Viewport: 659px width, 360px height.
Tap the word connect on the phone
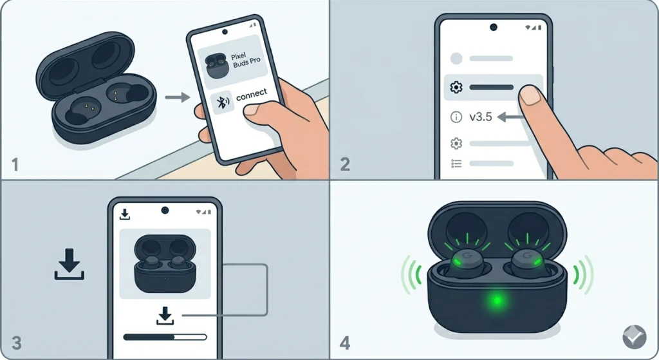coord(251,95)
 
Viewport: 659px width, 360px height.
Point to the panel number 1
coord(15,164)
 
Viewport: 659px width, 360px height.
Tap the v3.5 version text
coord(480,117)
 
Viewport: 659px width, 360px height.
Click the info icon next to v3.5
coord(457,117)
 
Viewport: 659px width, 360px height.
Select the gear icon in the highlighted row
coord(457,88)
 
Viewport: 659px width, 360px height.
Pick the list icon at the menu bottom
coord(457,164)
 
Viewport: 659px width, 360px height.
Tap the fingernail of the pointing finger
coord(530,95)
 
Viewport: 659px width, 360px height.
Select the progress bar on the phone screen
coord(165,336)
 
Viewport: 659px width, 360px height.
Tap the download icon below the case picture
coord(165,315)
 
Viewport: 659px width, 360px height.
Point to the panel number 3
coord(16,343)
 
